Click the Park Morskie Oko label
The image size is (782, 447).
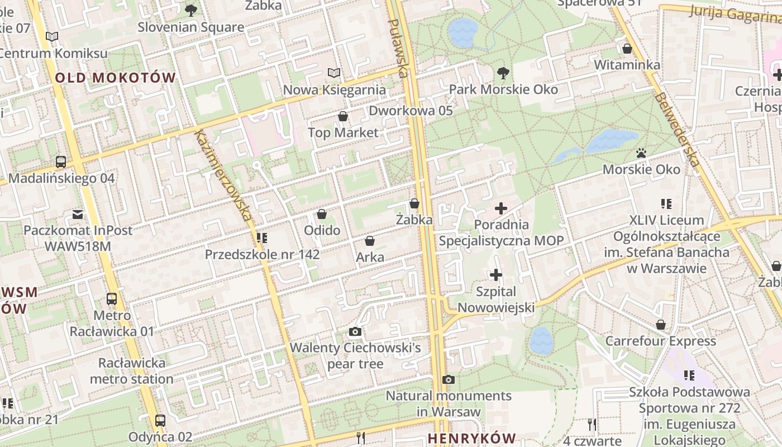click(x=503, y=89)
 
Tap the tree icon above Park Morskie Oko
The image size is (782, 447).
click(x=503, y=73)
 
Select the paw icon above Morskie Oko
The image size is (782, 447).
click(x=641, y=153)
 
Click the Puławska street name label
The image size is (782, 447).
click(x=398, y=48)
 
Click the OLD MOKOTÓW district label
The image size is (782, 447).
click(x=115, y=78)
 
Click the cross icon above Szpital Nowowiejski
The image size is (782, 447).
click(x=496, y=275)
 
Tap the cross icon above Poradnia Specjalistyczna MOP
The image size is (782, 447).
click(x=501, y=208)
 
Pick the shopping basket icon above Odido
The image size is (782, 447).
click(x=322, y=214)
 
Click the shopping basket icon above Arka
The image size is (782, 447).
click(x=369, y=241)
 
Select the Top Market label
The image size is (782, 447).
click(x=343, y=132)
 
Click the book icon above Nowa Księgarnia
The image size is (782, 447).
click(x=334, y=73)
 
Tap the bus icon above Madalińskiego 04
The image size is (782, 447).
click(x=61, y=162)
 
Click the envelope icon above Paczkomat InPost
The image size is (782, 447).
click(x=78, y=214)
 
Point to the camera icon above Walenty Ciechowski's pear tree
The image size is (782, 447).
click(x=355, y=332)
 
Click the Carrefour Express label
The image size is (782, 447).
click(x=660, y=341)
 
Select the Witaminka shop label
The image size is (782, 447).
click(x=627, y=65)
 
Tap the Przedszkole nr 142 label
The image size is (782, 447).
click(x=262, y=255)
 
